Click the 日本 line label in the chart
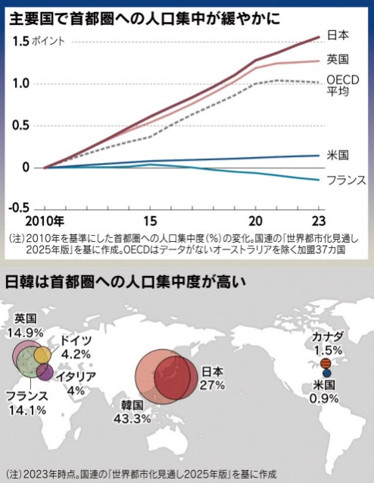(338, 35)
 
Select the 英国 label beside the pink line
(338, 59)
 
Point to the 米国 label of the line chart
(338, 155)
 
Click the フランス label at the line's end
(346, 180)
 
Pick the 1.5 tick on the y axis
(21, 41)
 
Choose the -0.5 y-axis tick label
(19, 208)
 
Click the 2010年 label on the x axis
(45, 221)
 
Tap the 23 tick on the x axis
(318, 221)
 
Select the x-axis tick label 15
(150, 221)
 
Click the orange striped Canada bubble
(326, 364)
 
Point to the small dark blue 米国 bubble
(326, 373)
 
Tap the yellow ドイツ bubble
(42, 355)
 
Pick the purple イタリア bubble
(45, 372)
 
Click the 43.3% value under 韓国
(132, 419)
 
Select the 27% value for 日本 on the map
(212, 385)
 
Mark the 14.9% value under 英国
(26, 333)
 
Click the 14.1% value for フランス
(27, 410)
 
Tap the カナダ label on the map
(328, 337)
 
